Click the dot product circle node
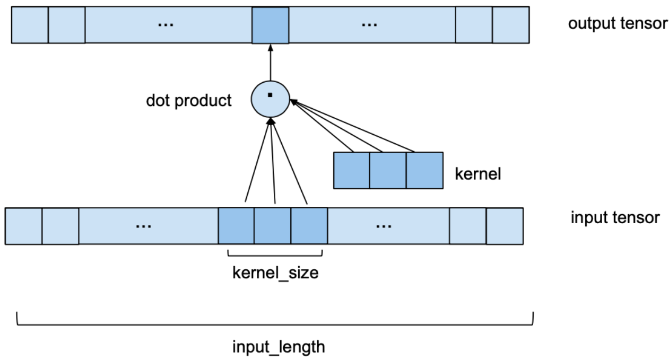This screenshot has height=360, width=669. coord(271,100)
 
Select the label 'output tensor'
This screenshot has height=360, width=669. coord(618,24)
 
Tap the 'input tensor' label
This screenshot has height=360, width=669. coord(615,217)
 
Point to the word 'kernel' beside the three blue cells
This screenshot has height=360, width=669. coord(477,174)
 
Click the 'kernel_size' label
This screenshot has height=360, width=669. coord(275,274)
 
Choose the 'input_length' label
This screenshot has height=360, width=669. coord(279,347)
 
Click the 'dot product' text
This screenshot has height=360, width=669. coord(189,100)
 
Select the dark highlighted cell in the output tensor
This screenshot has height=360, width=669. coord(270,25)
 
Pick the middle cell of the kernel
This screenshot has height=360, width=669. coord(388,170)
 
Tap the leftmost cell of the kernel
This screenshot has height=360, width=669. coord(351,170)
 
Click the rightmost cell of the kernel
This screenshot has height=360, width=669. coord(424,170)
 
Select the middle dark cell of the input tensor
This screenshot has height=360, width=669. coord(272,226)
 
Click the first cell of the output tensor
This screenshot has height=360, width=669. coord(30,25)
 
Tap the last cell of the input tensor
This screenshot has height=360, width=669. coord(504,226)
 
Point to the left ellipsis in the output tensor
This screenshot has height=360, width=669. coord(166,25)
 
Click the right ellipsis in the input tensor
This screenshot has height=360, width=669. coord(383,226)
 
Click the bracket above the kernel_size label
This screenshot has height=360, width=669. coord(275,253)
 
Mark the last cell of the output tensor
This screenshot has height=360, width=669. coord(510,25)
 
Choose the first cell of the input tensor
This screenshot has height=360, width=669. coord(23,226)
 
